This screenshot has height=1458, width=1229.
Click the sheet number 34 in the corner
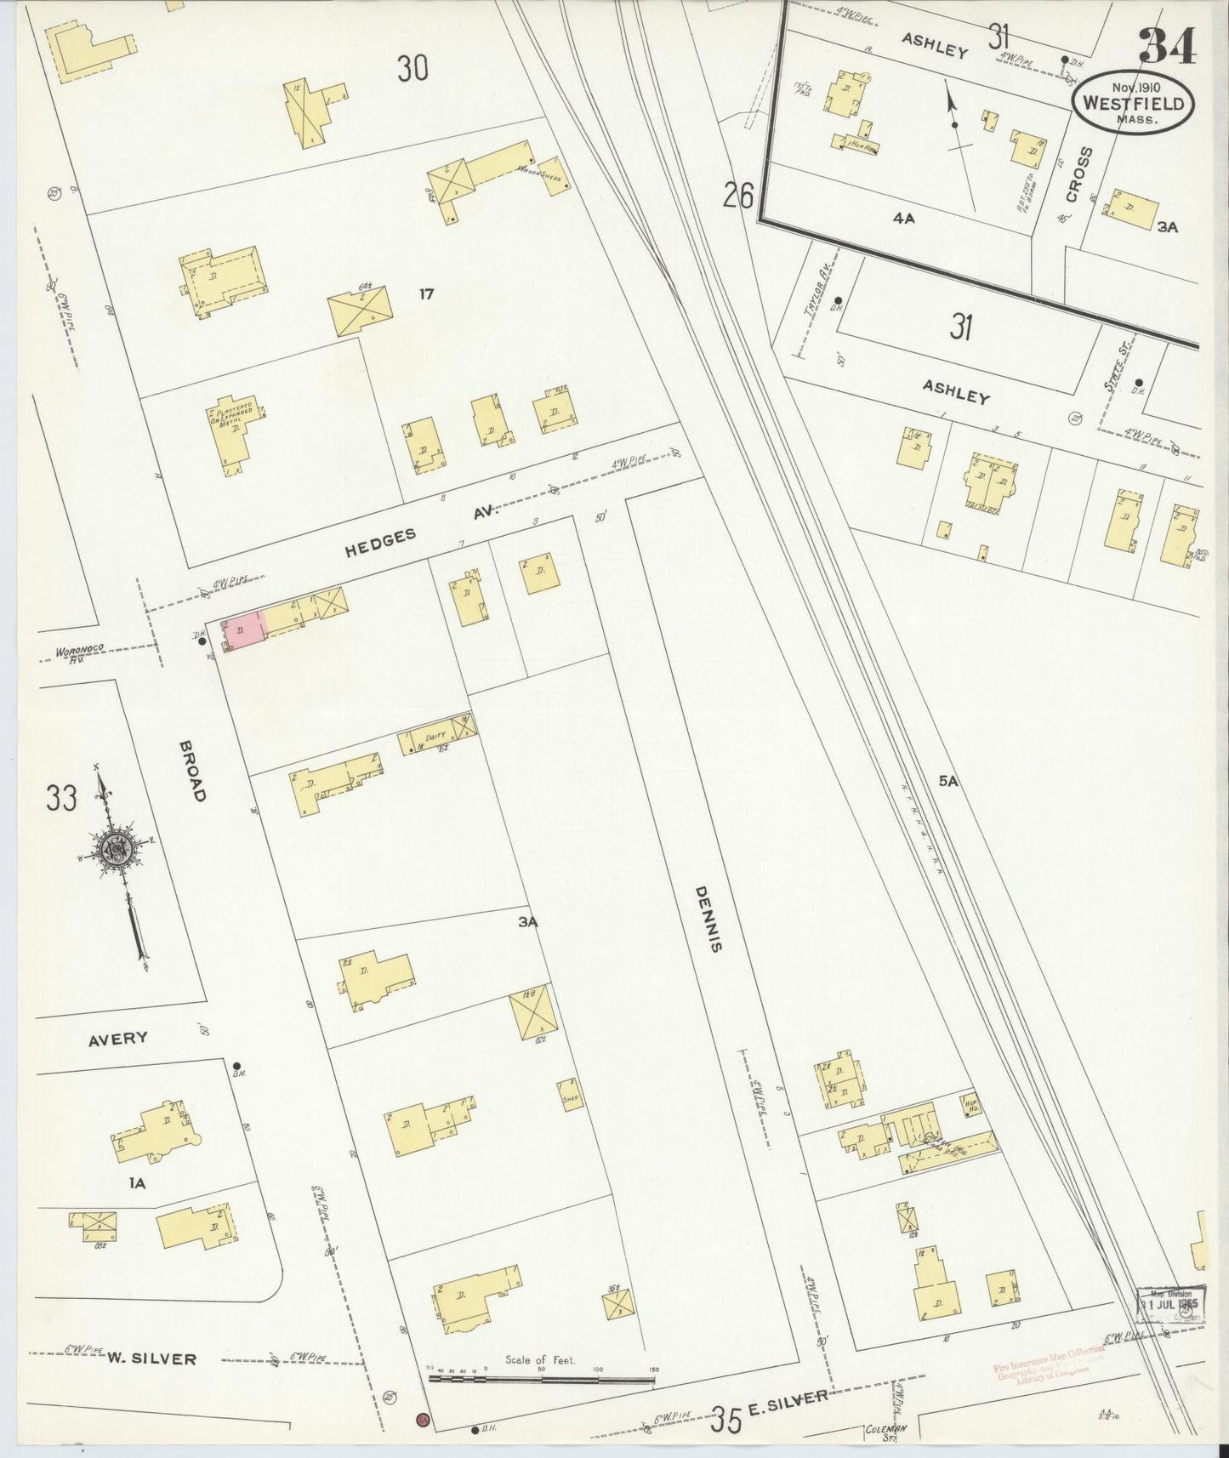[1166, 46]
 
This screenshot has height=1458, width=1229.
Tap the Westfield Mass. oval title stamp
[1133, 104]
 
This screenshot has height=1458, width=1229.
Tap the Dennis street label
[705, 918]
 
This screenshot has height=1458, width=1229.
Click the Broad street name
[192, 771]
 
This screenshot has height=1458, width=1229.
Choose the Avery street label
[118, 1038]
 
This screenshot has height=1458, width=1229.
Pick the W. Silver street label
[151, 1358]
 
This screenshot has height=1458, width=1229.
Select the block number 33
[61, 799]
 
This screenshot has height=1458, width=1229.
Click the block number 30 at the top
[412, 68]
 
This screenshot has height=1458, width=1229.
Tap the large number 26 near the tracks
[738, 196]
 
